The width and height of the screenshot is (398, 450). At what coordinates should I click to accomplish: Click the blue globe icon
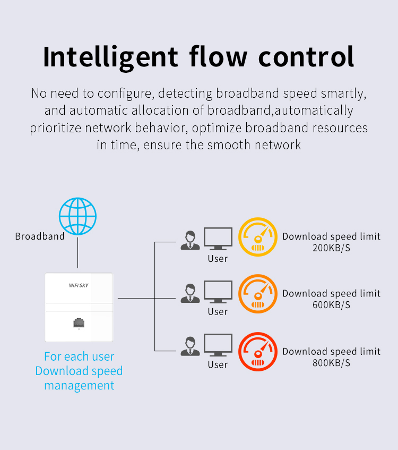(77, 216)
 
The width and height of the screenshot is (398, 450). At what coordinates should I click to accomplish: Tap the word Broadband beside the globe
(40, 236)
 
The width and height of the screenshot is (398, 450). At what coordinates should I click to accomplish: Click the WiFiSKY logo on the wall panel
(79, 285)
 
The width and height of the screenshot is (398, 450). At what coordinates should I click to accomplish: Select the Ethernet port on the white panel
(79, 322)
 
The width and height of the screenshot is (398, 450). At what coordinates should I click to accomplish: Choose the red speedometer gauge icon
(257, 351)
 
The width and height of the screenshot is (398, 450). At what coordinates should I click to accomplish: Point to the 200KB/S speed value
(332, 248)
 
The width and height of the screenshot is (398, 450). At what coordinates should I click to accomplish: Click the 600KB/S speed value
(332, 305)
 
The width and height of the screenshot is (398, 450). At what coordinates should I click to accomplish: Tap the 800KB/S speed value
(332, 363)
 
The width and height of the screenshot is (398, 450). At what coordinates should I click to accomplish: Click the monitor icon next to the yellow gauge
(218, 239)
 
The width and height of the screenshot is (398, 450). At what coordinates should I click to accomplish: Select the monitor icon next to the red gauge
(218, 345)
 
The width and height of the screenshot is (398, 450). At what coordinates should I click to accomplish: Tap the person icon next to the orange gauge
(190, 293)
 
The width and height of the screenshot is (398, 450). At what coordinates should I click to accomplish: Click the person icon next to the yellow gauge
(190, 240)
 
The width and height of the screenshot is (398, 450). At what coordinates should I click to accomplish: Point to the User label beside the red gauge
(218, 364)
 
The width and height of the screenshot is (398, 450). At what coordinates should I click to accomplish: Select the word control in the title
(306, 56)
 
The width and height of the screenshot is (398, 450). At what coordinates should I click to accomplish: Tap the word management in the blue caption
(79, 386)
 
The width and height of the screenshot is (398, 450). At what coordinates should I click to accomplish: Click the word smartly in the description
(343, 94)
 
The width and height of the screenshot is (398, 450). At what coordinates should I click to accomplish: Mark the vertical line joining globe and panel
(77, 252)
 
